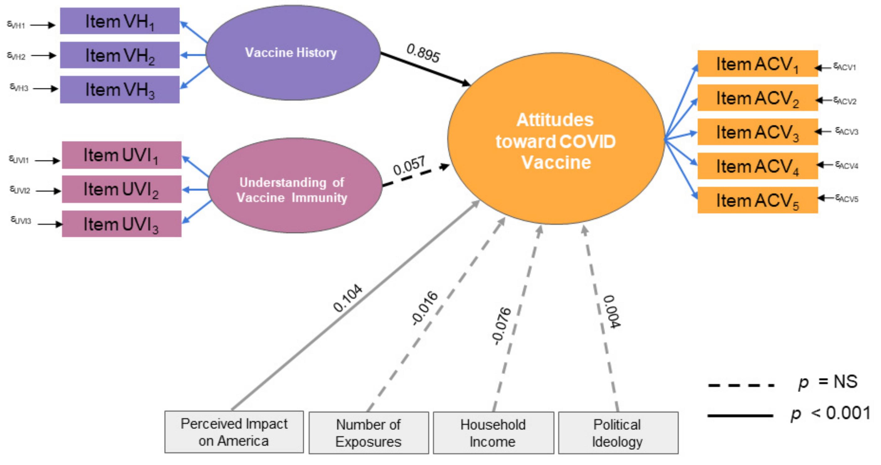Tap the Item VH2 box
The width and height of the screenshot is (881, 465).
click(120, 55)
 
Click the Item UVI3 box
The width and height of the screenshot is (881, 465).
click(122, 224)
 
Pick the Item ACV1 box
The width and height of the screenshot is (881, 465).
click(757, 64)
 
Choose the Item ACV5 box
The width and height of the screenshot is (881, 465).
click(757, 200)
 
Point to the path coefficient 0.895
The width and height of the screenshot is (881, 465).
click(423, 53)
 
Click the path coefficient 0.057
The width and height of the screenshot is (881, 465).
click(409, 166)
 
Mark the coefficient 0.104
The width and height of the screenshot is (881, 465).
click(347, 298)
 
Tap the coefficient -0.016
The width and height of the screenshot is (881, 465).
click(425, 308)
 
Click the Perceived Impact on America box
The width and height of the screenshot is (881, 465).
click(234, 432)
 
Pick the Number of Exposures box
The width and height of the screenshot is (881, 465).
click(368, 433)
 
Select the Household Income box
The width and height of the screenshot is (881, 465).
click(493, 433)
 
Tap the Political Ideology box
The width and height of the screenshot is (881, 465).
click(618, 433)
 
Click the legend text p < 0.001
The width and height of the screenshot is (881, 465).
click(830, 413)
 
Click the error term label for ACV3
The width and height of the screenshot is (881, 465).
click(847, 131)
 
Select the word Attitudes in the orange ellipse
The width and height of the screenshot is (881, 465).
click(555, 120)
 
